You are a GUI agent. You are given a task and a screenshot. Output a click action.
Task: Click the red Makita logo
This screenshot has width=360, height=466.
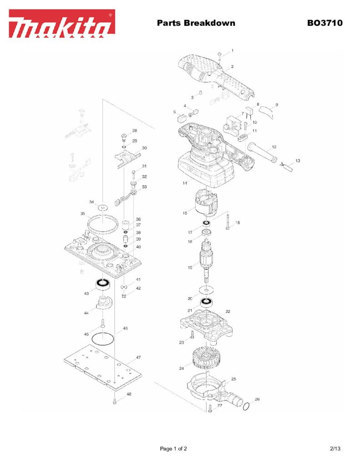62,24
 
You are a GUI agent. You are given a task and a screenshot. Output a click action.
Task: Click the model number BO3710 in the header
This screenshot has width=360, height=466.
325,23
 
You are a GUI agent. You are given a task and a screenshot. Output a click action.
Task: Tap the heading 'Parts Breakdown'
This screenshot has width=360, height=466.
196,23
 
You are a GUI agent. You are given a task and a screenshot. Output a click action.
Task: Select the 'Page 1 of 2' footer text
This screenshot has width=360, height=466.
173,449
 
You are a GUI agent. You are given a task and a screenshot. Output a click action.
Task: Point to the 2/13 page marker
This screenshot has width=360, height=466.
335,448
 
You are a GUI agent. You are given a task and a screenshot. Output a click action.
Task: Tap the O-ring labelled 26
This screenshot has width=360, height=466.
246,407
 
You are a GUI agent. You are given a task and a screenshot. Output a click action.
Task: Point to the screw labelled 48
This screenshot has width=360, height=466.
114,401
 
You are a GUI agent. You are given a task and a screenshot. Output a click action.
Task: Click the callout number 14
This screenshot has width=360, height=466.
185,183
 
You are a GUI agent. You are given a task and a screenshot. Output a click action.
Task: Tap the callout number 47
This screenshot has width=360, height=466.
138,357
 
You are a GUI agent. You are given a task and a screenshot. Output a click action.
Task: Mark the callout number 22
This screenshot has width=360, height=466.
228,311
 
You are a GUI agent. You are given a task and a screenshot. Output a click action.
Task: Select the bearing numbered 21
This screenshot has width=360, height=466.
206,303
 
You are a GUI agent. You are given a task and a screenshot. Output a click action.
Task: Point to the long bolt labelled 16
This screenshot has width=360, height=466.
228,222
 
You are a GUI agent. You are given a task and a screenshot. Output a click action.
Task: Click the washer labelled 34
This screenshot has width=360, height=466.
103,207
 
